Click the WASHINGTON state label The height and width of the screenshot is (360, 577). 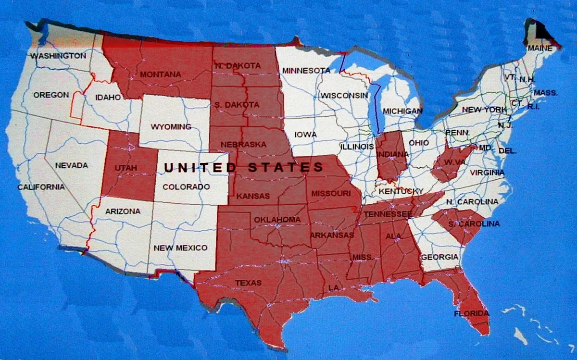tap(58, 56)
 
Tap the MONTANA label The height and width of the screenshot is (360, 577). tap(161, 74)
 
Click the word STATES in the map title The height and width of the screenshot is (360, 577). tap(286, 167)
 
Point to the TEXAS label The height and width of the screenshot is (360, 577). tap(248, 283)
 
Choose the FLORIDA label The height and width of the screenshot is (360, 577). tap(471, 314)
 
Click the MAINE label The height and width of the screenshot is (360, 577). tap(540, 49)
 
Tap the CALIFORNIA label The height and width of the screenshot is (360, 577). tap(41, 187)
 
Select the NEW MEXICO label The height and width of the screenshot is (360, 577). tap(180, 248)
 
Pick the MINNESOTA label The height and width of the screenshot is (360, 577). tap(306, 71)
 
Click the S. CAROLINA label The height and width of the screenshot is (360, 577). tap(474, 224)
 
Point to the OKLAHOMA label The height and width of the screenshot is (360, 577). tap(277, 220)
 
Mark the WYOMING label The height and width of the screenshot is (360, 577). tap(171, 127)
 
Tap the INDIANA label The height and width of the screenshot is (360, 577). tap(392, 154)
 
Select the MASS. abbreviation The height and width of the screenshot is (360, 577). tap(545, 93)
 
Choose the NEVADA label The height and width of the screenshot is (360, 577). tap(72, 165)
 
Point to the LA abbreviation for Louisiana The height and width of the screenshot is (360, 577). tap(333, 287)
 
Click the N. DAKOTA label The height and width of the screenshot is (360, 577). tap(238, 65)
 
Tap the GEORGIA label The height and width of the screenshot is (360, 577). tap(439, 257)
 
